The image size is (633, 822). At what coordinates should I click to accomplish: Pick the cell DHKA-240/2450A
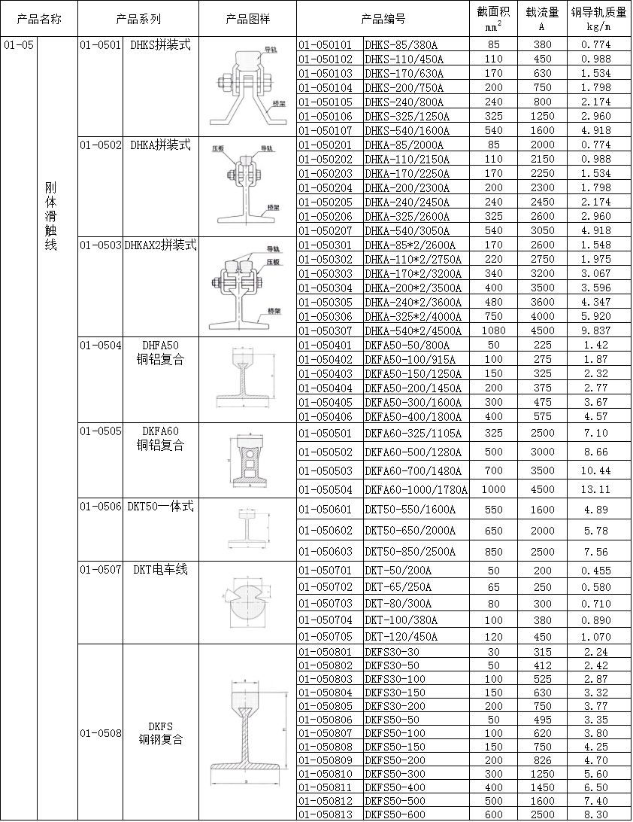(406, 202)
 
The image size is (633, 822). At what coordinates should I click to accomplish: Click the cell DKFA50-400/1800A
(411, 416)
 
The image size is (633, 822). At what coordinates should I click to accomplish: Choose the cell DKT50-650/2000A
(410, 530)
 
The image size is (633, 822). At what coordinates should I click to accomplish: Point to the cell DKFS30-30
(392, 652)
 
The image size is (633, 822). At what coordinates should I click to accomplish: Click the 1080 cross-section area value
(493, 330)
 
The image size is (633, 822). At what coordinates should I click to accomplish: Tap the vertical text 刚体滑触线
(50, 216)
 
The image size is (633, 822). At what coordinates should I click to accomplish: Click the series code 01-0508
(100, 732)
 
